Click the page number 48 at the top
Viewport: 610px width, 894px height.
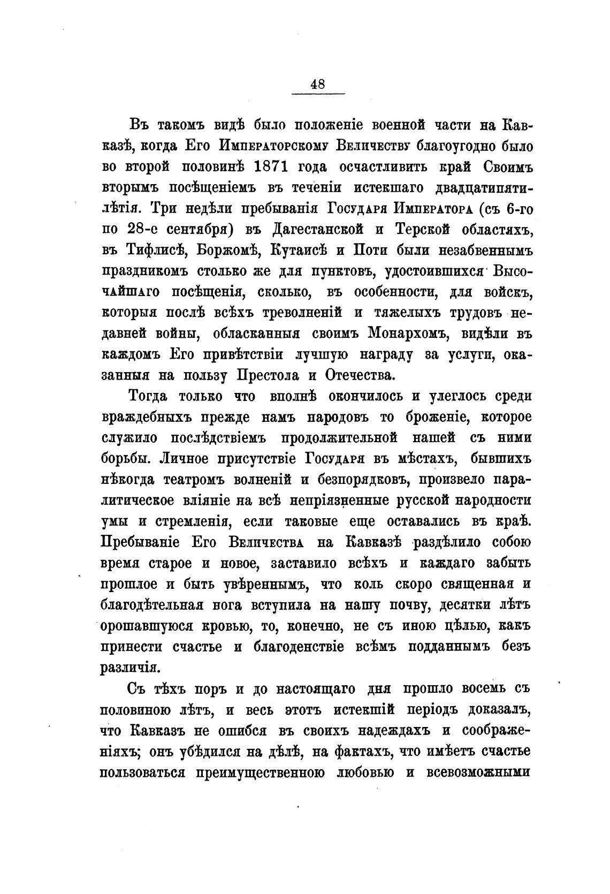coord(317,85)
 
